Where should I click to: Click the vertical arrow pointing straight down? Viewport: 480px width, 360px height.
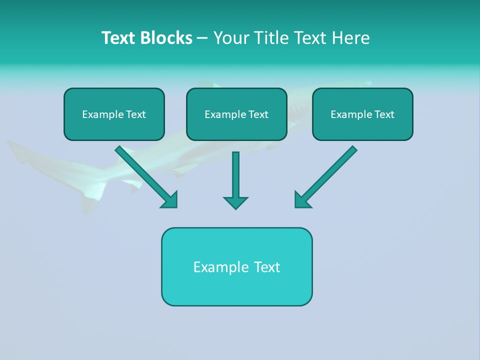235,175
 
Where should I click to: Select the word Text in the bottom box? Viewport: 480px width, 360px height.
266,267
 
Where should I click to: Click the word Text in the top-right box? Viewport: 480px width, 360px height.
384,114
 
